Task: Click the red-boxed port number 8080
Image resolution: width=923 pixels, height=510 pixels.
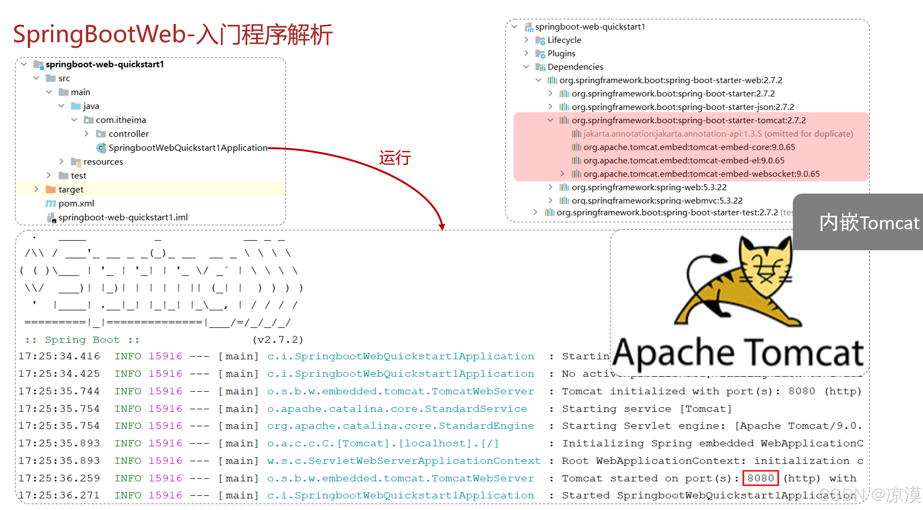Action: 760,478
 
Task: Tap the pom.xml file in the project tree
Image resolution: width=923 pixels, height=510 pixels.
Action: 76,203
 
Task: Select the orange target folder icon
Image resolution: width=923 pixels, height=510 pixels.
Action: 51,189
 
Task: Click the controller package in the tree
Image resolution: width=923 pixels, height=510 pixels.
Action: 128,134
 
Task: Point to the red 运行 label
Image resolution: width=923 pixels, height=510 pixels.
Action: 395,158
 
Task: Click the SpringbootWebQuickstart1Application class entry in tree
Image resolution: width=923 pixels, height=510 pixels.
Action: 188,148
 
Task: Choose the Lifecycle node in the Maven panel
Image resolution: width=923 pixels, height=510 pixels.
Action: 564,40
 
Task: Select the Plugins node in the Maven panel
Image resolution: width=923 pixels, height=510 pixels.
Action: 561,54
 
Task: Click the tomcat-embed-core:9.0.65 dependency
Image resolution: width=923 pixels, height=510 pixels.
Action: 689,147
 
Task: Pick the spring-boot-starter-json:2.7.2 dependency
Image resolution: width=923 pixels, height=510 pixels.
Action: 682,107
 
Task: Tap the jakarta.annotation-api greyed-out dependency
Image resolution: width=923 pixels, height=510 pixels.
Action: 718,134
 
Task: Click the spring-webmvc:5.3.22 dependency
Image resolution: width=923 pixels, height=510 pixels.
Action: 657,200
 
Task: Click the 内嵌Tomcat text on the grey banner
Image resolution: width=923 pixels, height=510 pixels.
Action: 869,223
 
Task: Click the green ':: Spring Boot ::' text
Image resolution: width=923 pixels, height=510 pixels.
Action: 82,340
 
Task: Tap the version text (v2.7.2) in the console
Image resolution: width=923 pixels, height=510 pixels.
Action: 277,340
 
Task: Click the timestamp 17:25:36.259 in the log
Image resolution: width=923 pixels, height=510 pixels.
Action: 59,478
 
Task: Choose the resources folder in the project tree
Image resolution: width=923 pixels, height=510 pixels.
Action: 103,162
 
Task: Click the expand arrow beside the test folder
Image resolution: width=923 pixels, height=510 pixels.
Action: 49,175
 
